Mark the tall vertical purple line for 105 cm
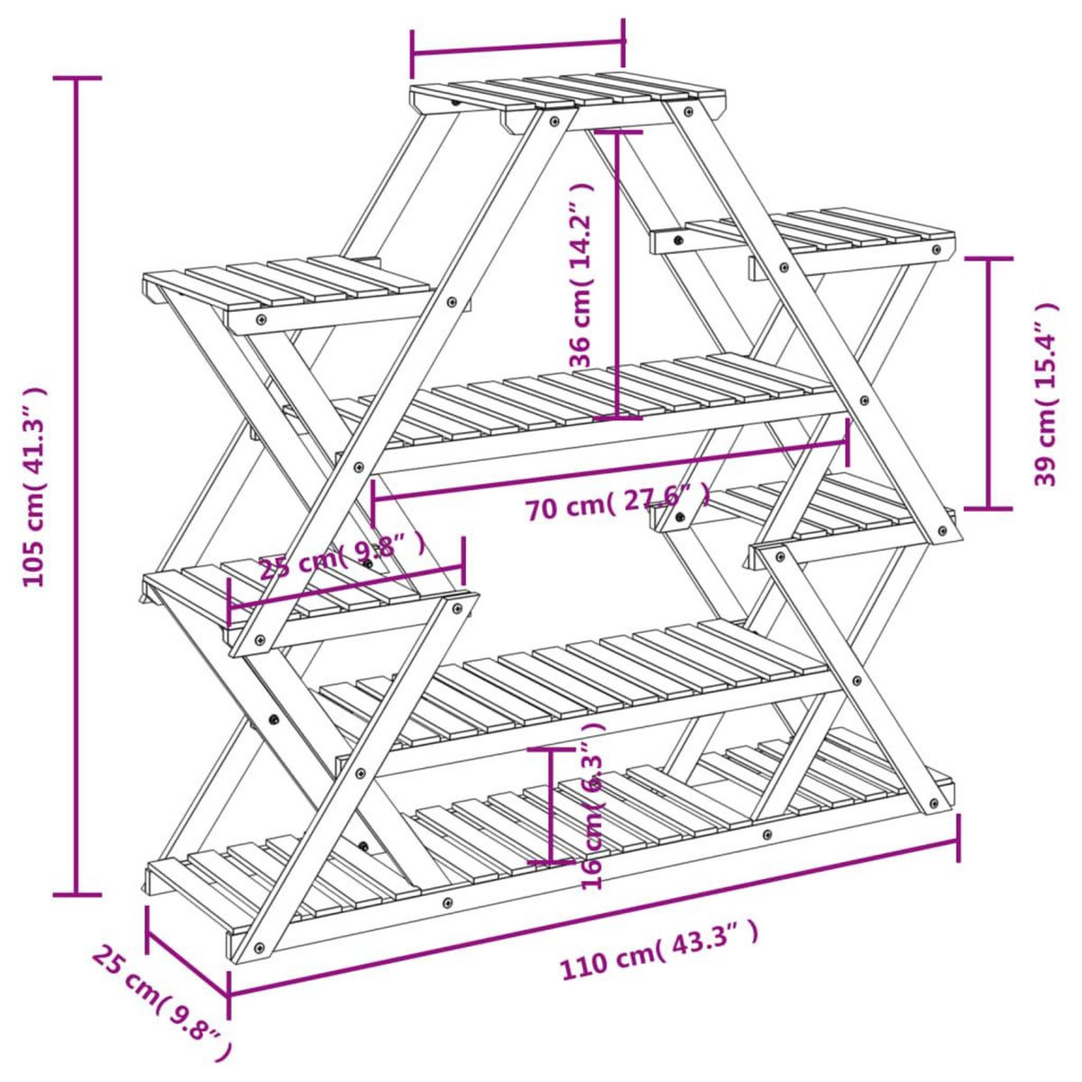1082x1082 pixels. click(x=77, y=487)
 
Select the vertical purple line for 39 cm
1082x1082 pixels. click(x=988, y=383)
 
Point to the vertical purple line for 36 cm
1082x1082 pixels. click(x=618, y=275)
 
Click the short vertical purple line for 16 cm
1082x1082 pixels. click(x=551, y=805)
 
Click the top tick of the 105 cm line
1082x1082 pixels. click(x=77, y=79)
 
